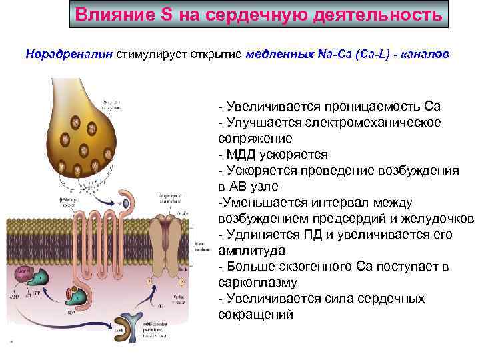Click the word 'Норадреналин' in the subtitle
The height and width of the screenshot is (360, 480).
[x=69, y=53]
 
